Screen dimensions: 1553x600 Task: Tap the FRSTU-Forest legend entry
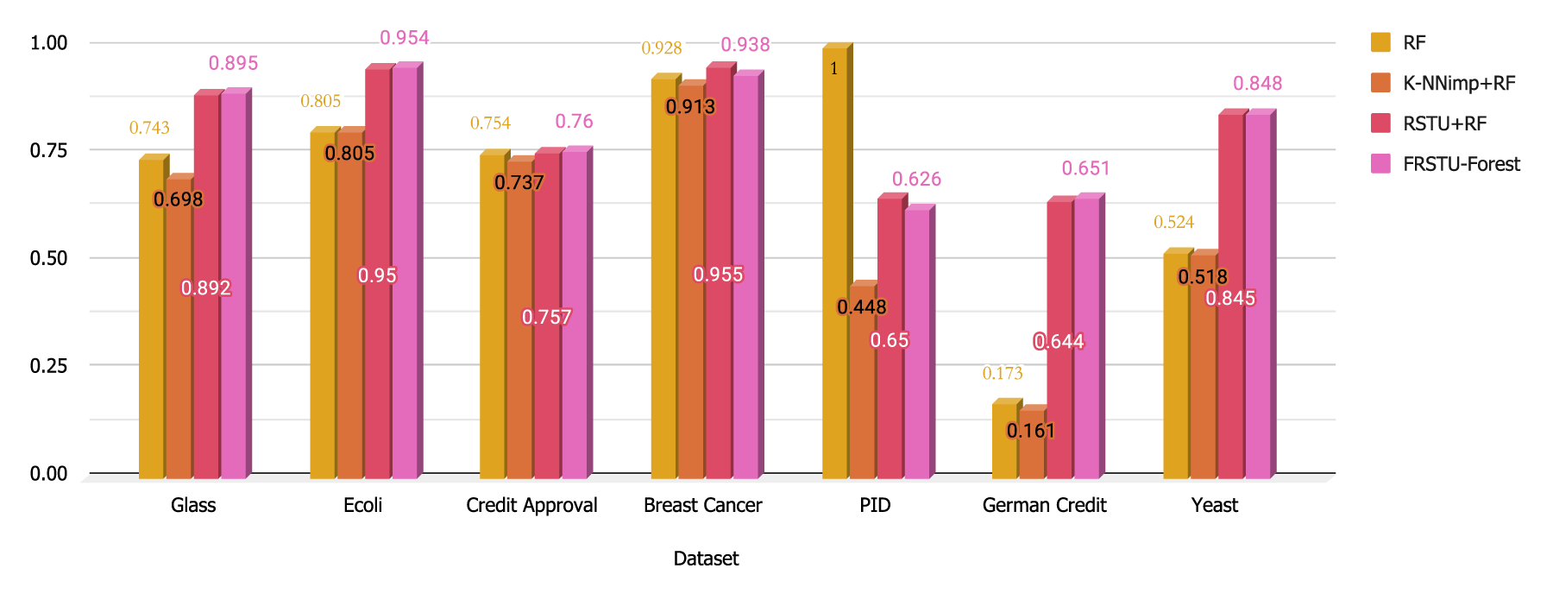1445,164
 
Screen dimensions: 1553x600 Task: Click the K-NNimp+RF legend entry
1443,83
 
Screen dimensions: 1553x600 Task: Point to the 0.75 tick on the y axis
48,150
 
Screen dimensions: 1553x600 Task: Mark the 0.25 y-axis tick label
48,365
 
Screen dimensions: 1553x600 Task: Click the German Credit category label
1044,505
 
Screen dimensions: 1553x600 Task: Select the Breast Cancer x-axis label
703,505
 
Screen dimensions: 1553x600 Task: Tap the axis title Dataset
706,559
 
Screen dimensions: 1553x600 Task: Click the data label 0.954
405,37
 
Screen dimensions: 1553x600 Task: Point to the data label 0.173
1003,373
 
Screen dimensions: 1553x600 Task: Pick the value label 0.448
862,306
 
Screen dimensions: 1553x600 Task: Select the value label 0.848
1258,83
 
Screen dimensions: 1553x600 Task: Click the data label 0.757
547,317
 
